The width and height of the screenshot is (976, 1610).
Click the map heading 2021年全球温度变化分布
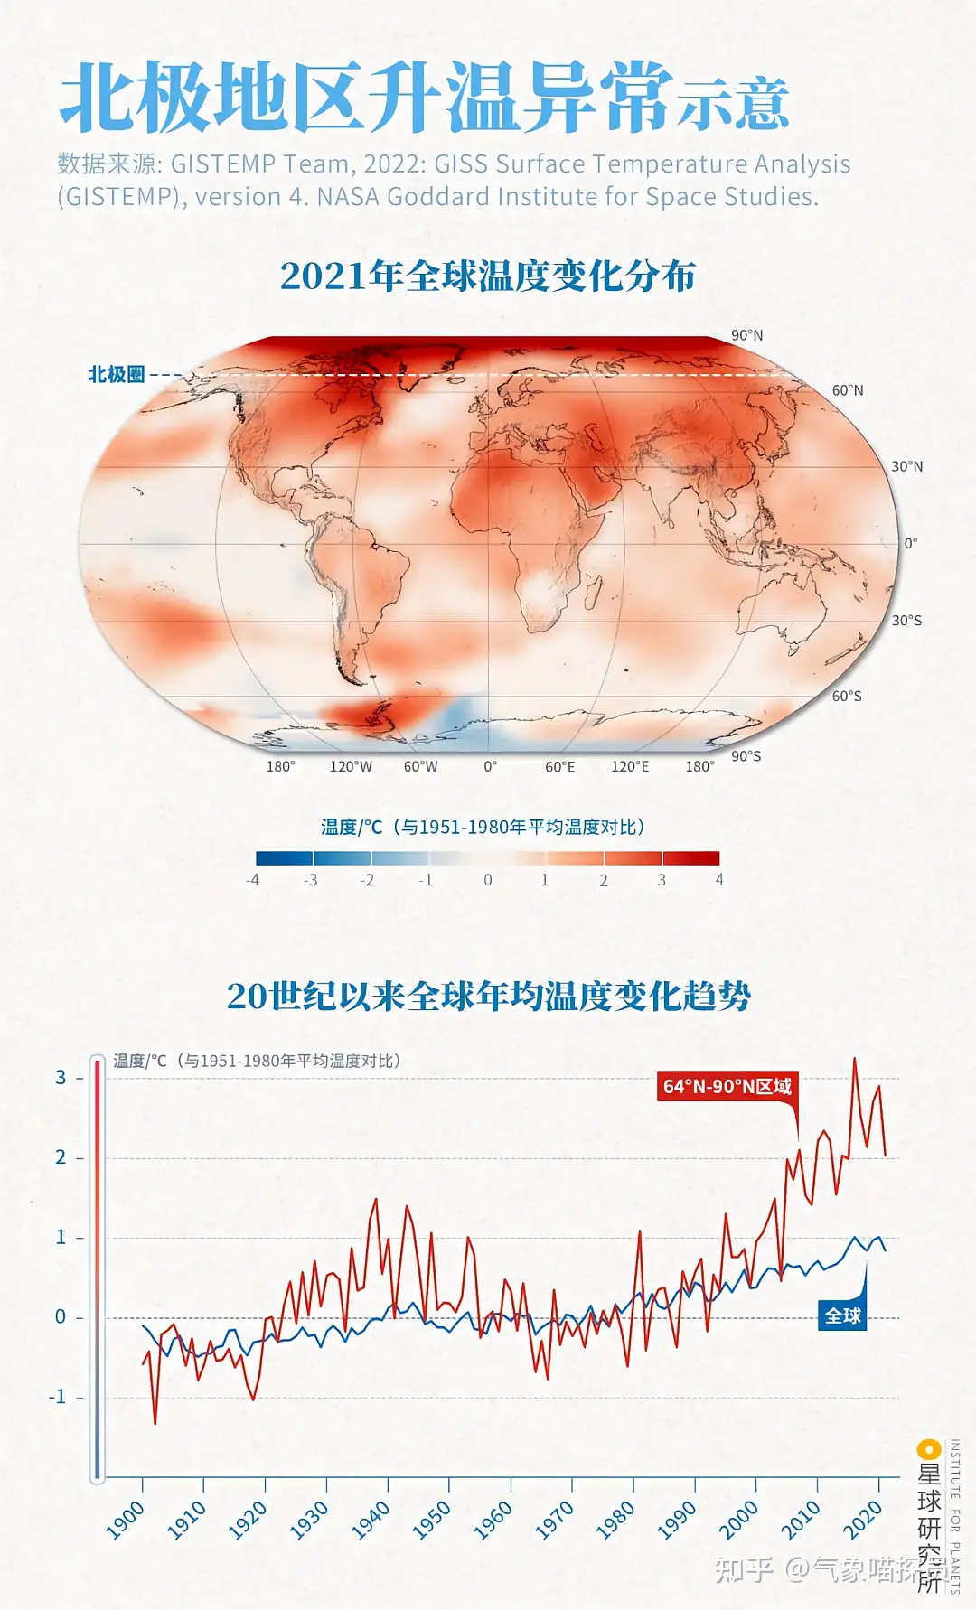point(487,276)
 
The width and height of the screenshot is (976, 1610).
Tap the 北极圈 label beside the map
point(116,374)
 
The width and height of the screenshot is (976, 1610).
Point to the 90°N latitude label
point(746,335)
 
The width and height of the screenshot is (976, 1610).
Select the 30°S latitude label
point(906,621)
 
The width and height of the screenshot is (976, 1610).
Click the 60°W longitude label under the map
point(420,767)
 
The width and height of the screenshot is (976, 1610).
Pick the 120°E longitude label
point(630,767)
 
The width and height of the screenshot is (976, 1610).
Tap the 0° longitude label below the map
point(490,767)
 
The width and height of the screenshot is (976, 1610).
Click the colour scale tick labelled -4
point(253,880)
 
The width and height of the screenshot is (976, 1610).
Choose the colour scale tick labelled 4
point(719,880)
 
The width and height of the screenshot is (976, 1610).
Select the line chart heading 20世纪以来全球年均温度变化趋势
point(488,996)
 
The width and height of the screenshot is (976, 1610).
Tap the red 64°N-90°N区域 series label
point(727,1086)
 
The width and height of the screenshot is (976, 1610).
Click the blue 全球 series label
point(842,1315)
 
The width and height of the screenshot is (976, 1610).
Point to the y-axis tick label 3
point(61,1077)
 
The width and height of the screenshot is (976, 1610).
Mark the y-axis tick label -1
point(58,1397)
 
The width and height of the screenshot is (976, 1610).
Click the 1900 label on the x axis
point(126,1520)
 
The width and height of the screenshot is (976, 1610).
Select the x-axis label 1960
point(493,1520)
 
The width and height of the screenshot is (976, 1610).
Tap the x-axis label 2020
point(862,1520)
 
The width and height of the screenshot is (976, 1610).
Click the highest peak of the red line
point(854,1059)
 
